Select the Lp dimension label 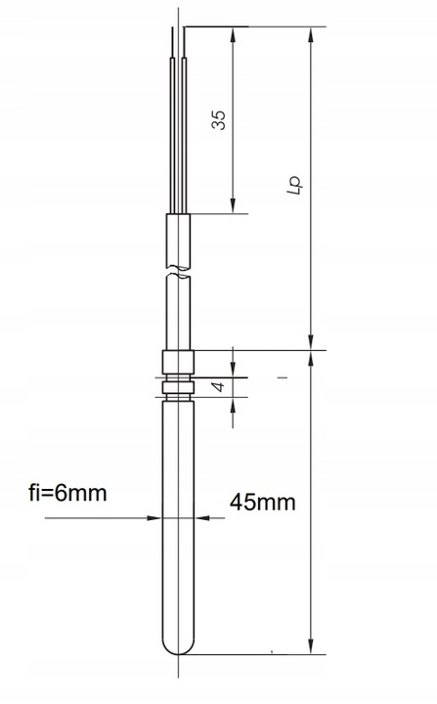click(292, 186)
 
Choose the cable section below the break click(178, 313)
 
